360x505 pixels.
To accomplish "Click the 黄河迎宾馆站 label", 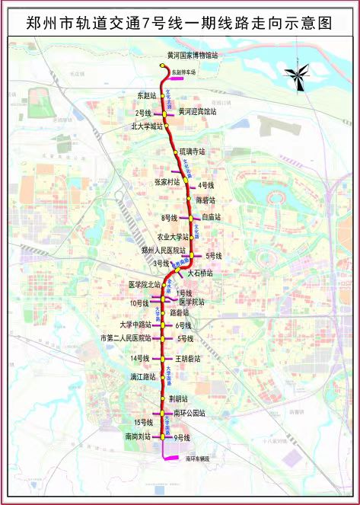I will [197, 110].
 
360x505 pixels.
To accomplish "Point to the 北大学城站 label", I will [147, 126].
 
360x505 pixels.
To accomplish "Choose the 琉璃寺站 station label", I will [193, 152].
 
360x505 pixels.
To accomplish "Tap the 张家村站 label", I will [167, 182].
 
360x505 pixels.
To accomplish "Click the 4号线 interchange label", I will [205, 185].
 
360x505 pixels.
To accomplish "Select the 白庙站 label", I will [210, 217].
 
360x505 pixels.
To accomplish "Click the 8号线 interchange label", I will [169, 218].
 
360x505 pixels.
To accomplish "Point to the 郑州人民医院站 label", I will [164, 250].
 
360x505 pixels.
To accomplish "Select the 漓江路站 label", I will [142, 377].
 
